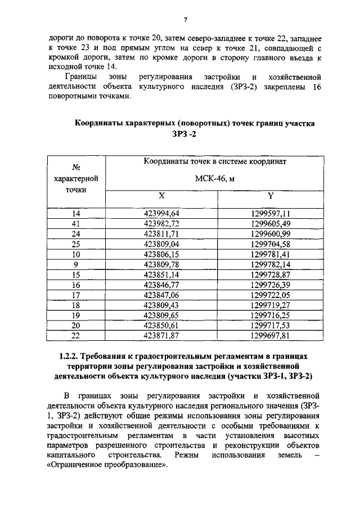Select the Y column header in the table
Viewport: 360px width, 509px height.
[270, 196]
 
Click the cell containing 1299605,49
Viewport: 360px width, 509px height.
[271, 223]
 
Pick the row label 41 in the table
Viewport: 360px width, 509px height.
[76, 223]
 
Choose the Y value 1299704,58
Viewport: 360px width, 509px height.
[271, 244]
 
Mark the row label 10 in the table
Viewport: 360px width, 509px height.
[76, 254]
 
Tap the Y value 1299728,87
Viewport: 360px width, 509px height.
[271, 274]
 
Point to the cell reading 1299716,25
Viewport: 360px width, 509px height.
[271, 315]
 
